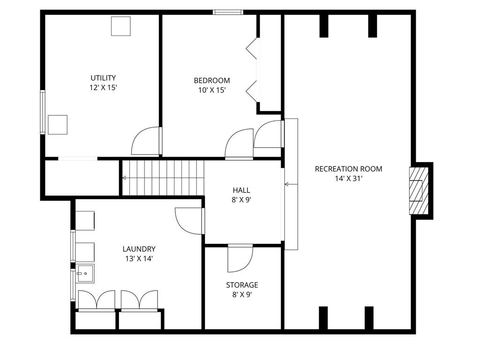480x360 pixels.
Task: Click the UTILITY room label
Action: click(103, 78)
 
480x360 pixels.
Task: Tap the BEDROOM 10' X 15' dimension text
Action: click(212, 90)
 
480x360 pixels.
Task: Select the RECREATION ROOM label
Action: click(348, 169)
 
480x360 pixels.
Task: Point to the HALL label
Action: click(241, 190)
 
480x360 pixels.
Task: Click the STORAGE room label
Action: click(242, 285)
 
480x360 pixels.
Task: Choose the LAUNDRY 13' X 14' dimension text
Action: click(139, 259)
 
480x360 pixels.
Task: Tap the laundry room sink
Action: click(85, 273)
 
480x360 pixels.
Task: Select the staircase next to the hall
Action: click(163, 178)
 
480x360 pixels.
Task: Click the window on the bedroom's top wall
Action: click(228, 12)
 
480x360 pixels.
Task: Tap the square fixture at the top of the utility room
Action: click(120, 26)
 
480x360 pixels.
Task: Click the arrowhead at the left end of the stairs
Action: click(124, 178)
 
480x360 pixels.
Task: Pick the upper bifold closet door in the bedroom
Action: click(252, 48)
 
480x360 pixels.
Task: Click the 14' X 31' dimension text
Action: click(349, 179)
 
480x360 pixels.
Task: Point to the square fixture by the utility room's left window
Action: click(58, 125)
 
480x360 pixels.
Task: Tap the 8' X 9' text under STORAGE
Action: click(242, 295)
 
